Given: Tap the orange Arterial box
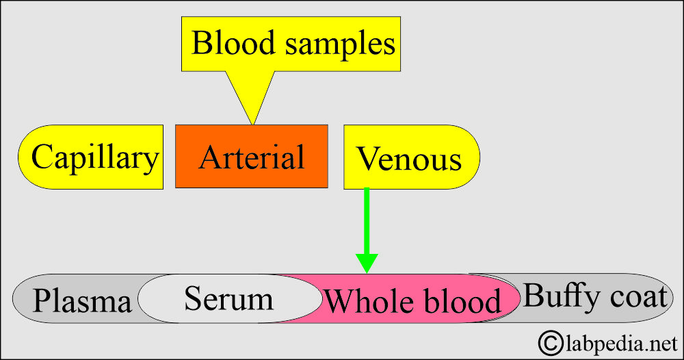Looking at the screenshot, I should pos(252,157).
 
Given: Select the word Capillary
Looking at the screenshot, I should pos(94,158).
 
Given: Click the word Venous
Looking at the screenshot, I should pos(409,160).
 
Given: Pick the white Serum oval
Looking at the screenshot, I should pos(228,299).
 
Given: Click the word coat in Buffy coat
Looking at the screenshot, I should pos(635,297).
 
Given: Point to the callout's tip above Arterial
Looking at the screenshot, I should pos(252,124).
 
